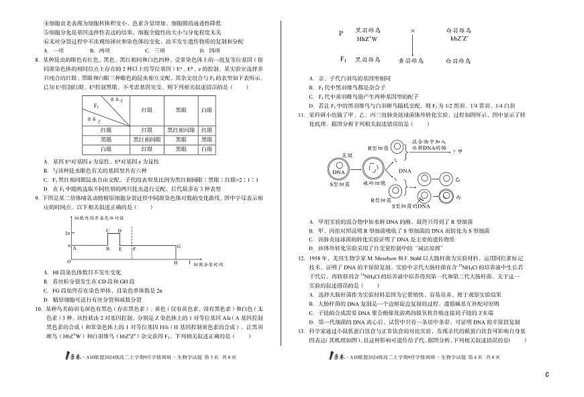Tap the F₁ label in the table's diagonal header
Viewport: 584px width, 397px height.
(96, 105)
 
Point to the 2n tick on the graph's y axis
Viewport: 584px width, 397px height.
(67, 232)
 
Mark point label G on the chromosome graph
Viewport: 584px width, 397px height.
(179, 247)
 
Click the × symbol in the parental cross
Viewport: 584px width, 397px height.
(412, 31)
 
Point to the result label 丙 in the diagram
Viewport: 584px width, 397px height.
(438, 200)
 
